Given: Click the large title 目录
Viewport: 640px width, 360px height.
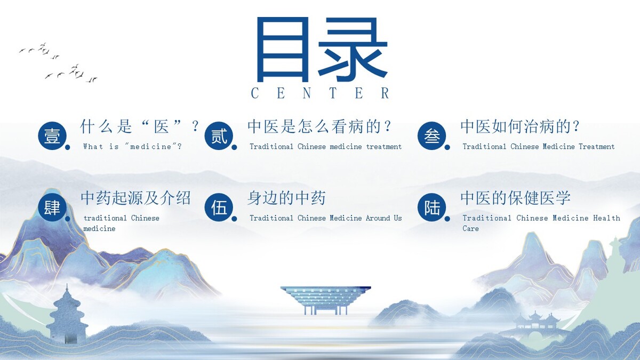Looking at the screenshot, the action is pos(322,50).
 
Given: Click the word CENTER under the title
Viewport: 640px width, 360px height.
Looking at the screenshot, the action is pos(320,93).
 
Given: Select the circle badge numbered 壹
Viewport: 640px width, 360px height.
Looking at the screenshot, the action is pos(52,135).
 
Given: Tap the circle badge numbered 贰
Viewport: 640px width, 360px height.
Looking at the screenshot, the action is pos(219,135).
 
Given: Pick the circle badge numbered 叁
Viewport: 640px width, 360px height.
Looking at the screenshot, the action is pos(431,135).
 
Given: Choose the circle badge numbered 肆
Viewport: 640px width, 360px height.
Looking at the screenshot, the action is pos(52,207).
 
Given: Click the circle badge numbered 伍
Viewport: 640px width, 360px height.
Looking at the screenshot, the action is pos(219,207).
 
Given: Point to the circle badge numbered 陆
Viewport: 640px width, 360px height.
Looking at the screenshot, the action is pos(431,207).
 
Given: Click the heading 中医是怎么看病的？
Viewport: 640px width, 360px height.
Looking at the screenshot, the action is pos(319,126).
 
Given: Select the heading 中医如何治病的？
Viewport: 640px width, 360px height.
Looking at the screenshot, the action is pos(520,126).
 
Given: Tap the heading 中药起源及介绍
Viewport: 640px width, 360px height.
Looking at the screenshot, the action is pos(135,198).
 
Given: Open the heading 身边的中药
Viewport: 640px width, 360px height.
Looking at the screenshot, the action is pos(286,198).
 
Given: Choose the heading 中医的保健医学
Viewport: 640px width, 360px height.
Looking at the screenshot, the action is pos(515,198).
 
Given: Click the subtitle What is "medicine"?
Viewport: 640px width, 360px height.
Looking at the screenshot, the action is pos(132,147).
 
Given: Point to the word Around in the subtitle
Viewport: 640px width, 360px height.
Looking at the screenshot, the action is pos(378,218).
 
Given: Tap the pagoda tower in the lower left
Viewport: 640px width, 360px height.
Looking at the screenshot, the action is pos(67,314).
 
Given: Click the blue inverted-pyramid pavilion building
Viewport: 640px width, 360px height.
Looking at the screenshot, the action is pos(325,300).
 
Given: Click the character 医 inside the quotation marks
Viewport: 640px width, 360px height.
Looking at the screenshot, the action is pos(161,126).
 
